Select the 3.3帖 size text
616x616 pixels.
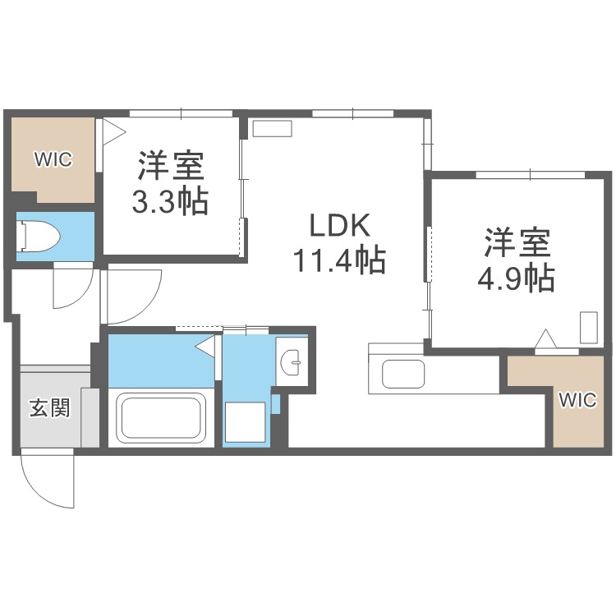(x=171, y=201)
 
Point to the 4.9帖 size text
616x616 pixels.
(x=516, y=279)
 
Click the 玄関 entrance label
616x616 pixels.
(x=49, y=408)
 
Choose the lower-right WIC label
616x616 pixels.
(x=577, y=400)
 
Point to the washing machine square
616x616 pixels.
(x=246, y=422)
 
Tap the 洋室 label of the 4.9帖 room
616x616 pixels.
(x=516, y=242)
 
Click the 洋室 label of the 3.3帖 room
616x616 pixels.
(x=171, y=166)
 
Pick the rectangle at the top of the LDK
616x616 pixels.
(x=272, y=128)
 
